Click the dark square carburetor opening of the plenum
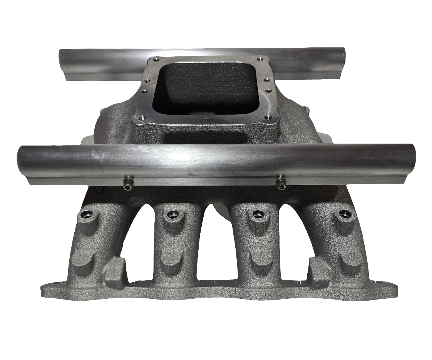pos(204,87)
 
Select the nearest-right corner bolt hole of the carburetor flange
pos(268,117)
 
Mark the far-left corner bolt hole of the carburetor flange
pos(156,60)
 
